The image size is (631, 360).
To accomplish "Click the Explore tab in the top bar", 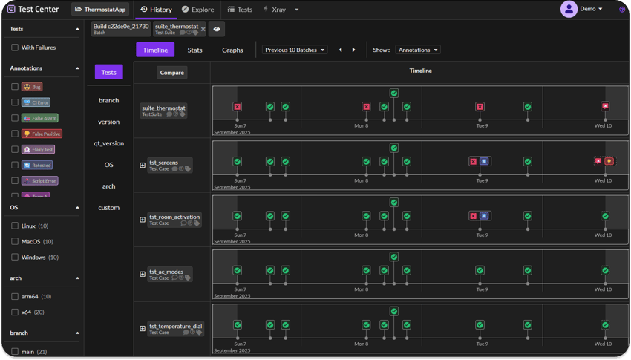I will (x=198, y=10).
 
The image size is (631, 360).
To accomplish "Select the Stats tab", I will (x=194, y=50).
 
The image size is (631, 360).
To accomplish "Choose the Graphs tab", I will (x=232, y=50).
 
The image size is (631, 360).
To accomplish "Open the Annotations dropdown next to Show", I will (x=417, y=50).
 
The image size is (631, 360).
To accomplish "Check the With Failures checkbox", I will (x=15, y=48).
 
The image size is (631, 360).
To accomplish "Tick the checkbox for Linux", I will (x=15, y=226).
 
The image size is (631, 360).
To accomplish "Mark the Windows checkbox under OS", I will (x=15, y=257).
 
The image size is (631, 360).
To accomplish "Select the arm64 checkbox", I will (x=15, y=296).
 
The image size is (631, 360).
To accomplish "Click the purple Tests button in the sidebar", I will (x=108, y=72).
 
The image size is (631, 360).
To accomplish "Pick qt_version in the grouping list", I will (x=108, y=143).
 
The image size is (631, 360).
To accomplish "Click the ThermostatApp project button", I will (x=100, y=10).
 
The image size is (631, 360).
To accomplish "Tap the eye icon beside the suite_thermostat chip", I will (x=217, y=29).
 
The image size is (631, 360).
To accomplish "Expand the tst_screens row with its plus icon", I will (x=143, y=165).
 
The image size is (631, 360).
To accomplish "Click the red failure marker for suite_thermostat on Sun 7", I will (x=238, y=107).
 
